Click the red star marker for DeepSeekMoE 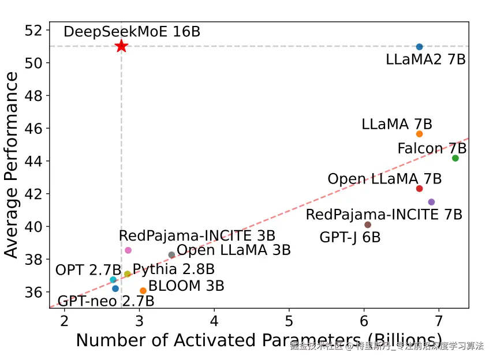121,46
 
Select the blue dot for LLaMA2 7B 419,47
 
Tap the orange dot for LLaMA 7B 419,134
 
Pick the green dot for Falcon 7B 455,158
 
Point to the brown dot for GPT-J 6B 368,225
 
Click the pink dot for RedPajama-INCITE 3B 128,250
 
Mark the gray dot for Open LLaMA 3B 171,255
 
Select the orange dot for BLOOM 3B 143,291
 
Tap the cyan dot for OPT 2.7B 113,280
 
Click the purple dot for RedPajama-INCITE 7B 431,202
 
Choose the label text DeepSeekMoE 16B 132,32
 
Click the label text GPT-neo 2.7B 106,301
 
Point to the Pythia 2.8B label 174,269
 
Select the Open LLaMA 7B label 384,179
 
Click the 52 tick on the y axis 36,29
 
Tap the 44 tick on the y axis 36,160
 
